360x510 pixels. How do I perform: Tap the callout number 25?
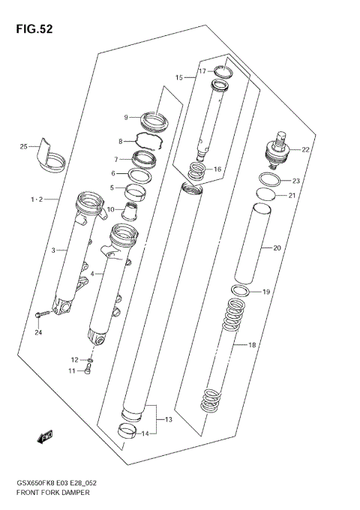coord(23,146)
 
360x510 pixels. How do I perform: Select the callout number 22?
coord(305,150)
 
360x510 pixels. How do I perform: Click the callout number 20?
coord(277,247)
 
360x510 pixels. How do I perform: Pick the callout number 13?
coord(168,419)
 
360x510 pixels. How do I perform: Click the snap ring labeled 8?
coord(148,140)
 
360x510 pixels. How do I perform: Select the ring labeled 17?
coord(222,72)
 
